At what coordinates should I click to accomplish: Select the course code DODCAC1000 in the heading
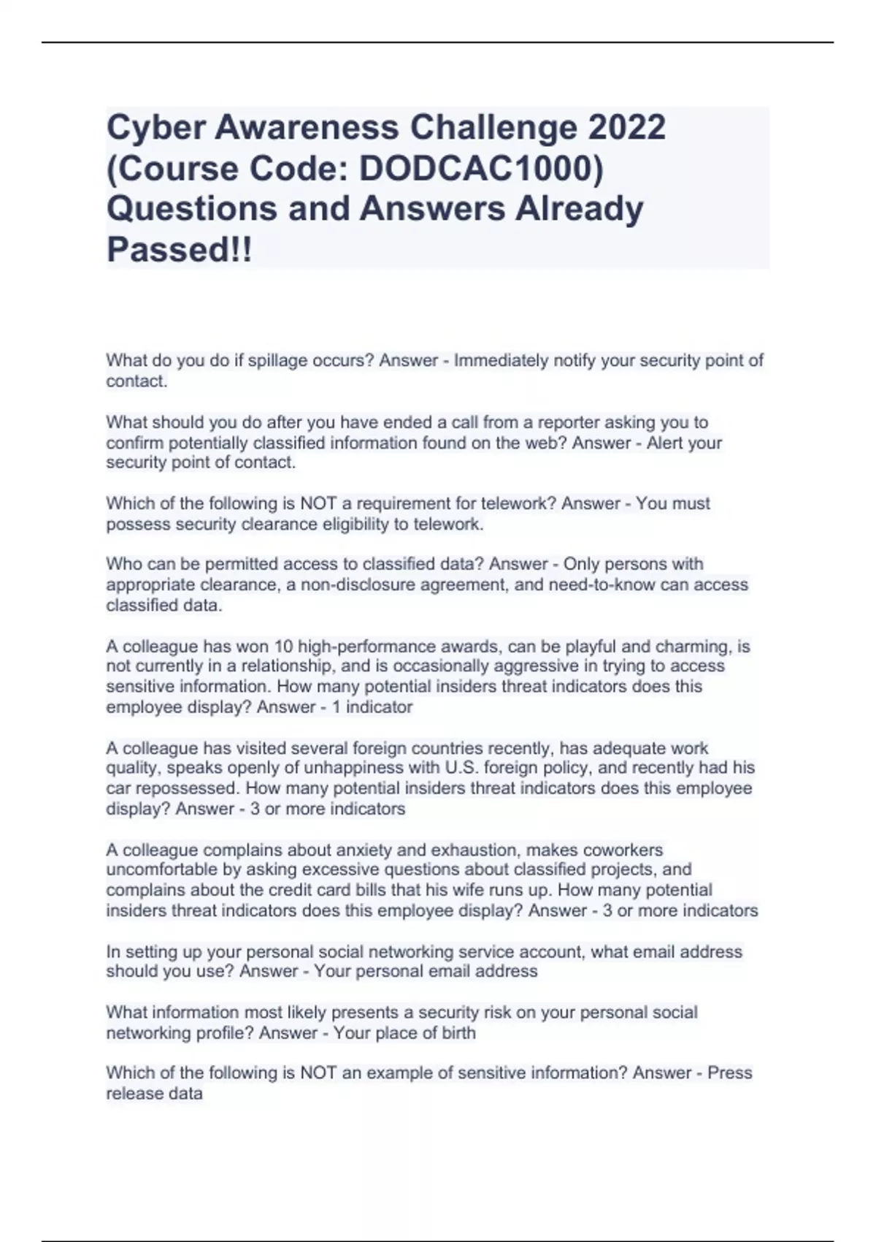point(477,169)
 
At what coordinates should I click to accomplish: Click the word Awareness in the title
point(307,128)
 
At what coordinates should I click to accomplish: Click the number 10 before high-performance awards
point(283,647)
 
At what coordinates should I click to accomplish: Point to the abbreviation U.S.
point(462,768)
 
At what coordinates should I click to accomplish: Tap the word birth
point(458,1033)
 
